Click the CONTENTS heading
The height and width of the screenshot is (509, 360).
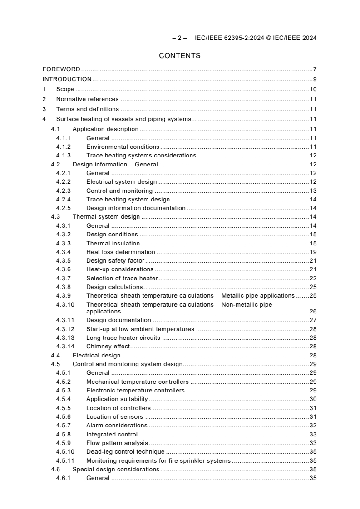coord(180,56)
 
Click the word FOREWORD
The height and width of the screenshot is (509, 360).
coord(61,69)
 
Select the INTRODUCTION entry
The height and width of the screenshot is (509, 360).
coord(67,79)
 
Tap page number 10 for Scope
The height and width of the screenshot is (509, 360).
coord(313,89)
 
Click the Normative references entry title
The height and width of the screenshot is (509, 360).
coord(87,99)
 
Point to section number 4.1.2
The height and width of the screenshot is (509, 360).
coord(64,147)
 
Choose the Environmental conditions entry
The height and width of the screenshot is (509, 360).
coord(123,147)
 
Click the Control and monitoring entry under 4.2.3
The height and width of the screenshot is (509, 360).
coord(119,191)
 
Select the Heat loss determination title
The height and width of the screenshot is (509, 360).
coord(121,252)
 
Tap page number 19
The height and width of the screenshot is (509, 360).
coord(313,252)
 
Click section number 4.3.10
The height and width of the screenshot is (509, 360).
coord(65,305)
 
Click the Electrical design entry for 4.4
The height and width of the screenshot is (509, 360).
coord(97,356)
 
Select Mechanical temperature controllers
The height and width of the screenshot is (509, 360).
coord(138,382)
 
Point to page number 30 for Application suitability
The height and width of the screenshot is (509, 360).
coord(313,399)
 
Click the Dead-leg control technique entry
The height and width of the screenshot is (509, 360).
coord(125,452)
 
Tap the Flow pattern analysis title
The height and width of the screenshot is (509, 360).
coord(117,443)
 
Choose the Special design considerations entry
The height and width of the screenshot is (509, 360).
coord(116,470)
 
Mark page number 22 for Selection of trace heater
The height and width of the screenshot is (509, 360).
coord(313,279)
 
